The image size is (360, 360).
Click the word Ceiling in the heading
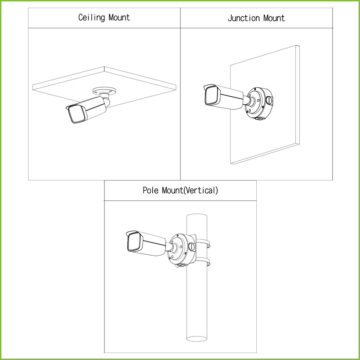point(92,18)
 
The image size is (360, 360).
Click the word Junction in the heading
point(244,18)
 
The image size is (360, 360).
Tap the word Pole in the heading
point(150,190)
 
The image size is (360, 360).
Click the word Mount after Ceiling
point(119,18)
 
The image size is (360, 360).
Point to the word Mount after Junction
point(274,18)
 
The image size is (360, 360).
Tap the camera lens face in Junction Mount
point(211,95)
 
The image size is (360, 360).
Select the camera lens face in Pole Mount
point(134,242)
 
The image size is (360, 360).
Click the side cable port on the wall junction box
point(269,100)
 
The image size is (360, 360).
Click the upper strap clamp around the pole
point(203,243)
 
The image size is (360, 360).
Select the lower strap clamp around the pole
point(203,262)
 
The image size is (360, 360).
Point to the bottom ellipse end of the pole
point(197,339)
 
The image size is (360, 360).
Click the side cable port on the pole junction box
point(192,246)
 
